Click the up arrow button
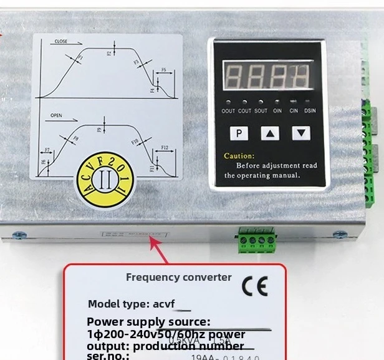coord(270,132)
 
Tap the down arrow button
coord(302,132)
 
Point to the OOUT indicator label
coord(228,110)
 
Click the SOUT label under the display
coord(261,110)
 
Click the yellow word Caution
coord(239,156)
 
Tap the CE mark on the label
coord(254,286)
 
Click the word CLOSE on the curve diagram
coord(60,42)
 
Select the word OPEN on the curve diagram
coord(57,115)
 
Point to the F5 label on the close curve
coord(163,69)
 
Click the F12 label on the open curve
coord(165,147)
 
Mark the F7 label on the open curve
coord(47,150)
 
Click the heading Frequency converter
coord(178,277)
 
